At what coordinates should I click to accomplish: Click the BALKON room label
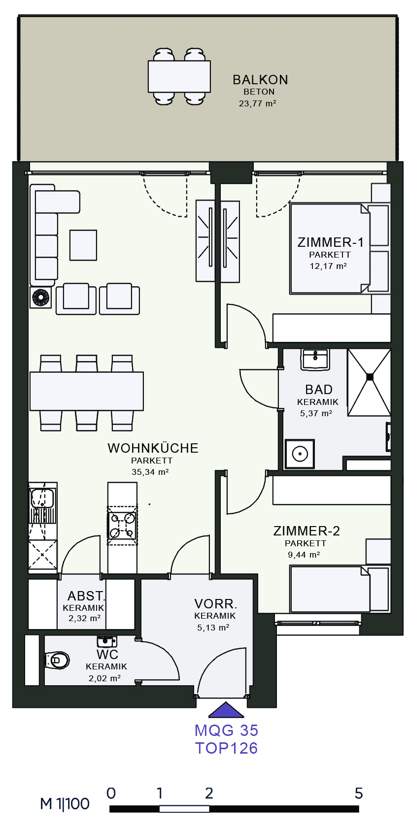(260, 80)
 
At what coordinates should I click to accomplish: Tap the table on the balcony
(179, 77)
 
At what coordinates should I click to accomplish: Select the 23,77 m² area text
(257, 103)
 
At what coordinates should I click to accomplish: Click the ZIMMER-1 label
(330, 242)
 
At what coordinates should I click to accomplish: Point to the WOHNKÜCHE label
(153, 448)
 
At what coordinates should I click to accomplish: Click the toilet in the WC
(57, 660)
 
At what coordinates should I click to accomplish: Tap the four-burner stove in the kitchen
(122, 526)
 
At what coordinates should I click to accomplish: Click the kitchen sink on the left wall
(43, 498)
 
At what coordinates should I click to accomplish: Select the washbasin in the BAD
(315, 359)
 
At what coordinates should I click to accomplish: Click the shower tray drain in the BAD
(370, 377)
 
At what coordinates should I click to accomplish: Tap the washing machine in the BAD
(300, 454)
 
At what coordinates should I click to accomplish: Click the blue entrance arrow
(226, 710)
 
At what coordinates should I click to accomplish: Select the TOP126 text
(226, 748)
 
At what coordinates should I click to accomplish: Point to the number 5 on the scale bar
(359, 794)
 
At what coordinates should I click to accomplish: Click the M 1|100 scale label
(65, 804)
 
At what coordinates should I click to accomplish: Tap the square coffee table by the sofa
(83, 245)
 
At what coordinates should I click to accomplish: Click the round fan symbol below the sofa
(40, 298)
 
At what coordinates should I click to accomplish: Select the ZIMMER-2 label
(307, 531)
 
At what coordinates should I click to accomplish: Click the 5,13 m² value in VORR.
(213, 628)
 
